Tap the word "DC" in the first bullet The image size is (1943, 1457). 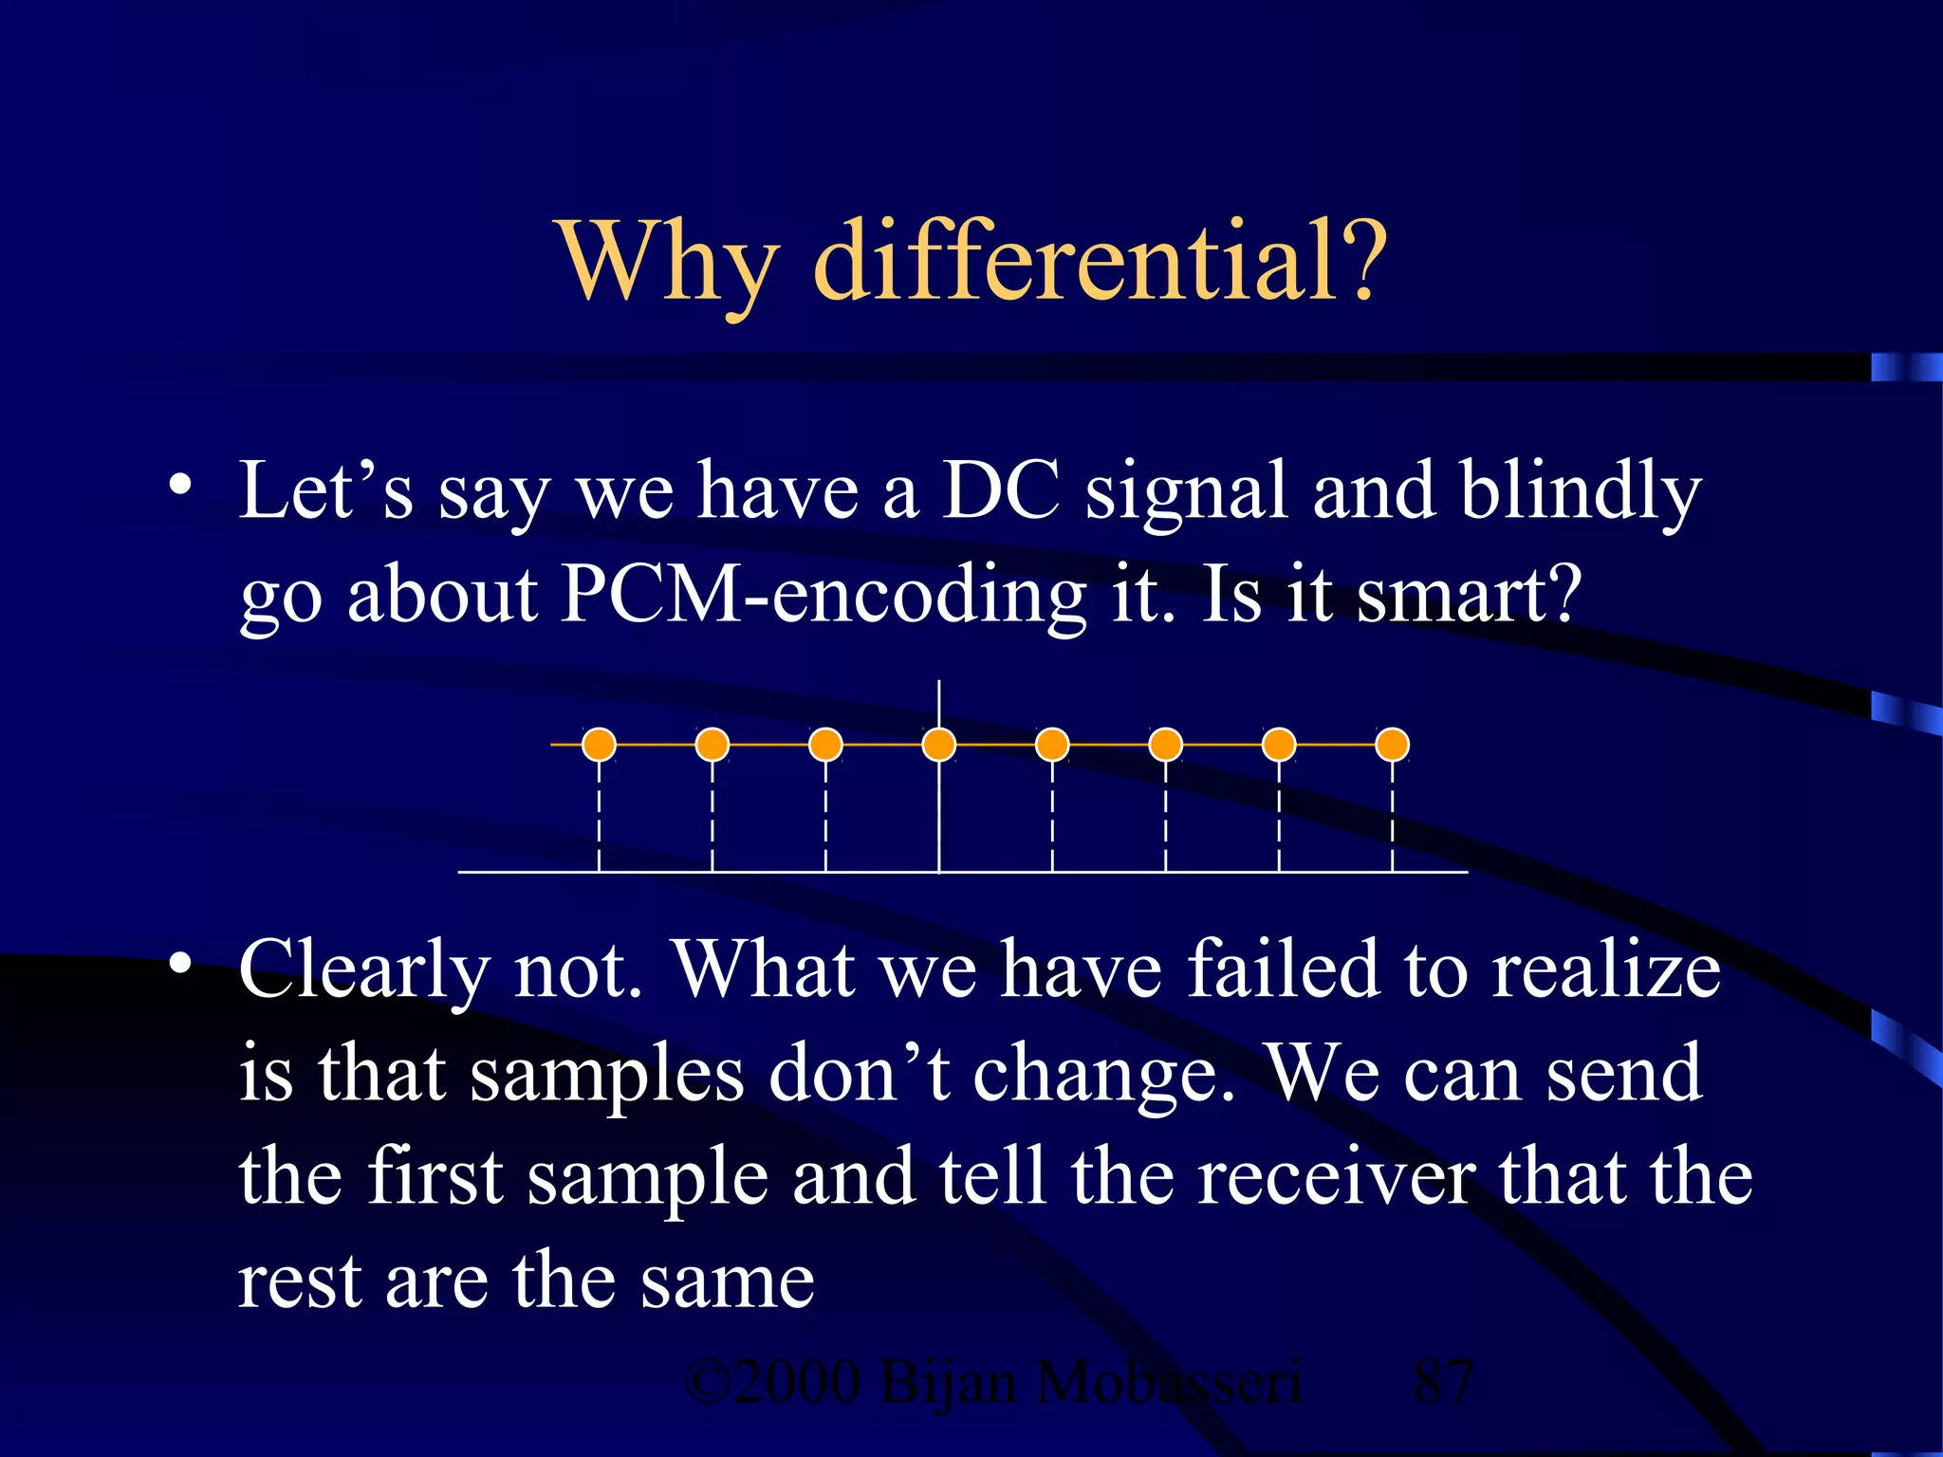coord(1000,491)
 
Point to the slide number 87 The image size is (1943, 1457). coord(1442,1382)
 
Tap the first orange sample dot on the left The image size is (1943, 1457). coord(599,745)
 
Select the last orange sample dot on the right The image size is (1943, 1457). coord(1392,745)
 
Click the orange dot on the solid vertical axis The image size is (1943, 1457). coord(939,745)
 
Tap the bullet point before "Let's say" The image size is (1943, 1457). coord(180,488)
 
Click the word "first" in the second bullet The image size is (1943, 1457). coord(435,1177)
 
